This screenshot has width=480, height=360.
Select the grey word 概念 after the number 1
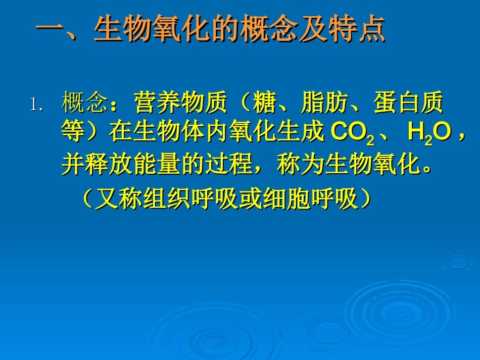85,104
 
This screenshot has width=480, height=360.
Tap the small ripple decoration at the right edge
458,262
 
